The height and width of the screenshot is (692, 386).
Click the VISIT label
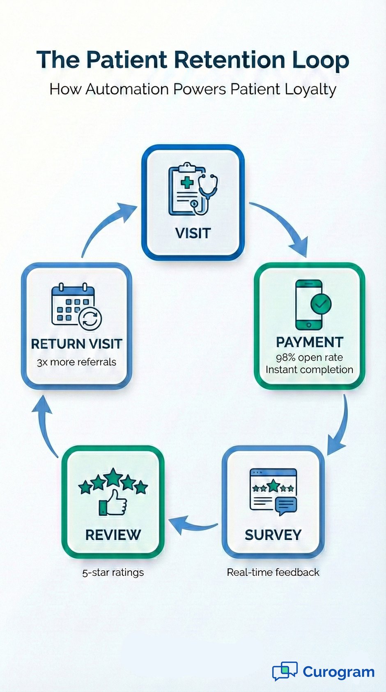pyautogui.click(x=193, y=233)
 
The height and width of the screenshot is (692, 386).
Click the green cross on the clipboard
pyautogui.click(x=187, y=182)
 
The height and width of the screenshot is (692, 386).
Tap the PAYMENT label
pyautogui.click(x=309, y=342)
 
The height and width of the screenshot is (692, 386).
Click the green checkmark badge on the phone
pyautogui.click(x=321, y=304)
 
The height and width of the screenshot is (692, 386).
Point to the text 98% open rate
pyautogui.click(x=309, y=357)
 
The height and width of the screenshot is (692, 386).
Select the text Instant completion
pyautogui.click(x=309, y=369)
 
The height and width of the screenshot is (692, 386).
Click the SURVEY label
pyautogui.click(x=273, y=535)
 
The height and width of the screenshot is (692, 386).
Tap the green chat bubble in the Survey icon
pyautogui.click(x=286, y=505)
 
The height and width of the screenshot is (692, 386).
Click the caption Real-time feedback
pyautogui.click(x=273, y=572)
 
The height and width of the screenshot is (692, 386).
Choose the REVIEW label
pyautogui.click(x=113, y=535)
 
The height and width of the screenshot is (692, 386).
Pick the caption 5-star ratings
pyautogui.click(x=113, y=572)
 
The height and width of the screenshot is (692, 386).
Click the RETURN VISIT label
pyautogui.click(x=76, y=344)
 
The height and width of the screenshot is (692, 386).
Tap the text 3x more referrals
pyautogui.click(x=76, y=362)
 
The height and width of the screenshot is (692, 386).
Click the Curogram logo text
pyautogui.click(x=338, y=672)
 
